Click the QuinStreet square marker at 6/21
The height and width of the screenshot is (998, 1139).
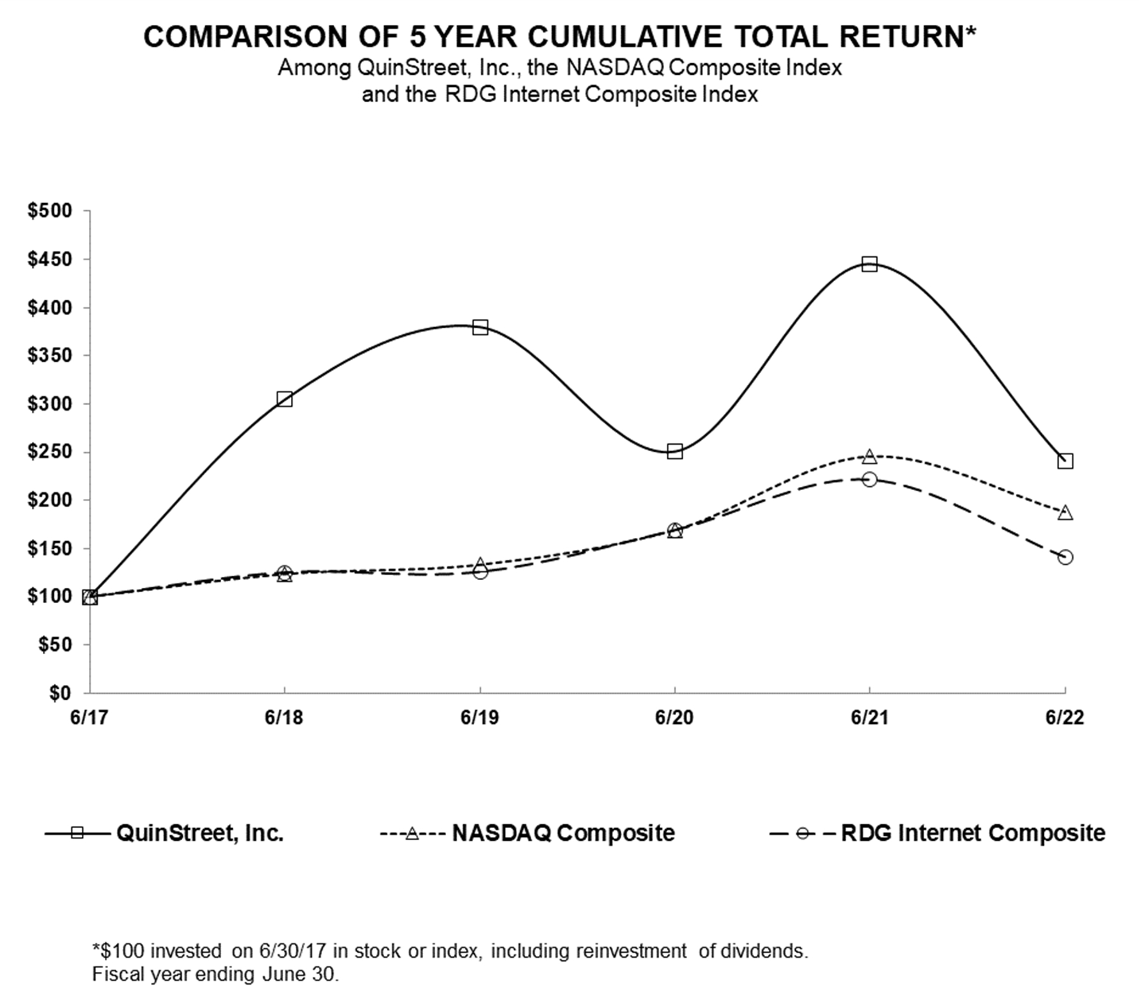869,265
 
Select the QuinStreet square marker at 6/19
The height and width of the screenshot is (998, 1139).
480,328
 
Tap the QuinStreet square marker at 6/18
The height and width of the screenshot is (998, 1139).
284,399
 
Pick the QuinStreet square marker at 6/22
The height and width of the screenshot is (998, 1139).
1065,461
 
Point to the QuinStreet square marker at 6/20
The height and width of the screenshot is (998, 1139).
674,452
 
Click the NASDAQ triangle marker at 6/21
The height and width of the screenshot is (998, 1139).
869,456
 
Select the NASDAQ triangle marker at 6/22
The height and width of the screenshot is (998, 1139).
1065,513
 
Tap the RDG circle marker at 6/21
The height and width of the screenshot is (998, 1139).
869,479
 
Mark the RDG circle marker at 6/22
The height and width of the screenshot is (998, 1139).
1065,557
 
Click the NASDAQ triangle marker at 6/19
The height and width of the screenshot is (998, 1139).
480,565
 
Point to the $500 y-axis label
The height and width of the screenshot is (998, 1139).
49,211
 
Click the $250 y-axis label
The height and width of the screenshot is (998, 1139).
49,452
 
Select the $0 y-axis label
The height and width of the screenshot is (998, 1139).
61,693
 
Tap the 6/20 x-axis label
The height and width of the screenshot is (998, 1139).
674,718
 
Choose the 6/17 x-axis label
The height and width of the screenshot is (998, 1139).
89,718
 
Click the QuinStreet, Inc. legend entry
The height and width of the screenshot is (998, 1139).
165,833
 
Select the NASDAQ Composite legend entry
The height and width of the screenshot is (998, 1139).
527,833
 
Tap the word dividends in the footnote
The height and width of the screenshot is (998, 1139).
763,951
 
